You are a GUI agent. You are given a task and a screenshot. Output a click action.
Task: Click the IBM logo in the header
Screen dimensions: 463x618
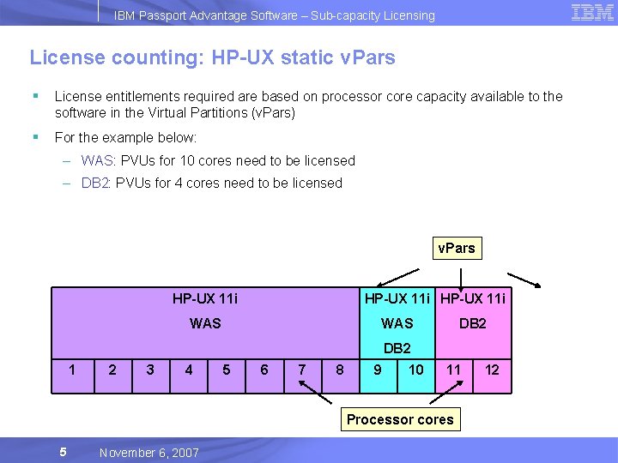[x=592, y=13]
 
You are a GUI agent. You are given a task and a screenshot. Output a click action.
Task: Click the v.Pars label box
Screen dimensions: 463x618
[x=456, y=249]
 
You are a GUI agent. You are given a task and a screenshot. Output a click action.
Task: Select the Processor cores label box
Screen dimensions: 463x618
[x=400, y=419]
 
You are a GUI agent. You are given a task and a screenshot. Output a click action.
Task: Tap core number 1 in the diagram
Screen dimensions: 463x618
[x=73, y=370]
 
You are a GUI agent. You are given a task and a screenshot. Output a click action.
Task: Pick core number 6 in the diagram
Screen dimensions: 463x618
[x=264, y=370]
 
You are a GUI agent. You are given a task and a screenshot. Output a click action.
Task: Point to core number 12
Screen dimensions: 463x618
[x=492, y=370]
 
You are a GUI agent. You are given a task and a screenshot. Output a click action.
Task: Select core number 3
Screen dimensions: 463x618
[x=150, y=370]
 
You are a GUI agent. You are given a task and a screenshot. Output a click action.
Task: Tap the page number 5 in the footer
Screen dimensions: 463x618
[x=63, y=452]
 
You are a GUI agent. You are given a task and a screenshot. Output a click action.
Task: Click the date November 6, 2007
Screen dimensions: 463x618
[x=148, y=453]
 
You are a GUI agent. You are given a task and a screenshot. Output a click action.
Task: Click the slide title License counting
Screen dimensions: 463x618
[x=212, y=58]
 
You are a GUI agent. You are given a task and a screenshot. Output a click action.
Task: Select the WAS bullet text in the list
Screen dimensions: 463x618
[x=218, y=160]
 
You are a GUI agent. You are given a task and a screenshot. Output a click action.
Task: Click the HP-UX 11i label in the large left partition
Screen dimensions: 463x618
[x=205, y=299]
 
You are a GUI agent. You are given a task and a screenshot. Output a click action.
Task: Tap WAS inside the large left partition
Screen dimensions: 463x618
[x=205, y=323]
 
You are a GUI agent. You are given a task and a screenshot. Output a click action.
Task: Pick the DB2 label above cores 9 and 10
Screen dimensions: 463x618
[x=397, y=348]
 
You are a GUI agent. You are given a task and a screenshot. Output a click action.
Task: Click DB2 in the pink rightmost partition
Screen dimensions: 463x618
[x=472, y=323]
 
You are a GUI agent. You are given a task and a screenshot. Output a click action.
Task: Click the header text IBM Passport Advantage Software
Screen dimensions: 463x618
[x=275, y=15]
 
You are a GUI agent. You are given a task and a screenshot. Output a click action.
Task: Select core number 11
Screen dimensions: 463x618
[x=454, y=370]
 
